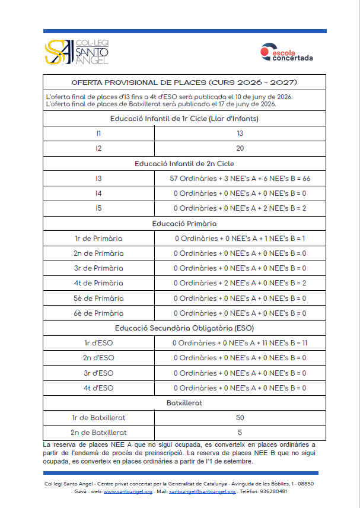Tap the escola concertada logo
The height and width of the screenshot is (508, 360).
[287, 53]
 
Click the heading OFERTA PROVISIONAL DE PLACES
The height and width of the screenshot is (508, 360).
[184, 82]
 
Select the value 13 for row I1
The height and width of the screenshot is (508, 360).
[240, 134]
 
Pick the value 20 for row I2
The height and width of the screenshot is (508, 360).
[240, 148]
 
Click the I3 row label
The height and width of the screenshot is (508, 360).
[98, 178]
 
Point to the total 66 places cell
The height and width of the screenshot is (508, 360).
[240, 178]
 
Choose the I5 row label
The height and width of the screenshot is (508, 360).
[98, 208]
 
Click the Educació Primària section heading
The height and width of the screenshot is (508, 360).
[184, 224]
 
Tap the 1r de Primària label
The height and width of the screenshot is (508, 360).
[98, 239]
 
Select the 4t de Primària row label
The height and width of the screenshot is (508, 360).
[98, 283]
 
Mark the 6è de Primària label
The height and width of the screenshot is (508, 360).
[98, 313]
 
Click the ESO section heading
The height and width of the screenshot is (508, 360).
[184, 328]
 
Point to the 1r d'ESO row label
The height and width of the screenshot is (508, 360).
[98, 343]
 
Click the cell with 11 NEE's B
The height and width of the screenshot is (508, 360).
[240, 343]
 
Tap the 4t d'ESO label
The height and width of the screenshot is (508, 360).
[98, 388]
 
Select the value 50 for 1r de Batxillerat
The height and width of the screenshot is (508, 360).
[240, 418]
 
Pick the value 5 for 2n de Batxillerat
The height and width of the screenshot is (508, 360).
[240, 433]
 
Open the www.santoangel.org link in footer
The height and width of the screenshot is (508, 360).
[128, 491]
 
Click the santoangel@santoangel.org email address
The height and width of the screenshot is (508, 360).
[202, 491]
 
